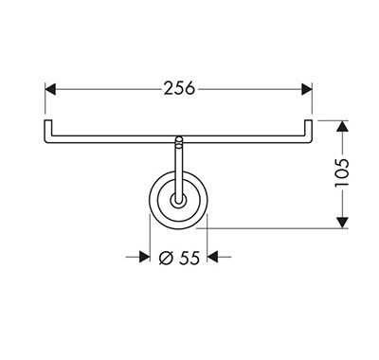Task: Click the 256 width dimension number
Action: (x=179, y=88)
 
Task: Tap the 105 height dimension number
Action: (x=342, y=172)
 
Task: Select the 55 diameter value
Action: (x=189, y=258)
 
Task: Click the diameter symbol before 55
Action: (x=166, y=258)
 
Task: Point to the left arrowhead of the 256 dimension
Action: (x=50, y=89)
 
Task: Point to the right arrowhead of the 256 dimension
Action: (x=307, y=89)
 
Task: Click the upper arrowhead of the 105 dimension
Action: (x=342, y=126)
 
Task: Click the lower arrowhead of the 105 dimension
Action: (x=342, y=223)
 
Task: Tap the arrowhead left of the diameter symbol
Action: (x=144, y=257)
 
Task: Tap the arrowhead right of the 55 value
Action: (x=212, y=257)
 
